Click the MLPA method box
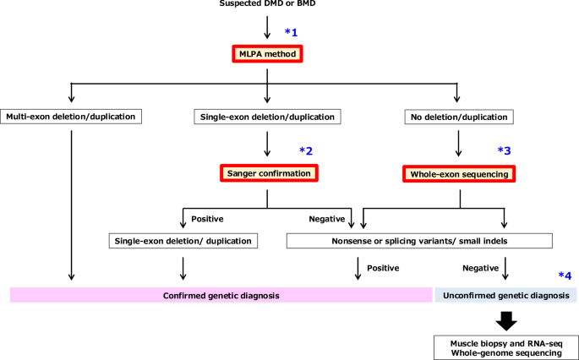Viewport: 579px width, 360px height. click(x=267, y=53)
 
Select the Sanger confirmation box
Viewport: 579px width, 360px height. click(x=267, y=173)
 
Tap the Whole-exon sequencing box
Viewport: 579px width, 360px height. click(x=458, y=173)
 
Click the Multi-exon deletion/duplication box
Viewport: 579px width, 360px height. click(x=72, y=117)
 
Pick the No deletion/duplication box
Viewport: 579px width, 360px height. click(x=457, y=117)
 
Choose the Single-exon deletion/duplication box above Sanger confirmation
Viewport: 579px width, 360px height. click(x=267, y=117)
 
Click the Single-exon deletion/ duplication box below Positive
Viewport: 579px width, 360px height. click(x=183, y=241)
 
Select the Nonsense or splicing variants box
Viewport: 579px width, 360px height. click(x=419, y=241)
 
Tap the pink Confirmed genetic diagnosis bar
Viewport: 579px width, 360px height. click(x=221, y=295)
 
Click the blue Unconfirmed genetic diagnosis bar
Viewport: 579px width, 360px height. click(x=505, y=295)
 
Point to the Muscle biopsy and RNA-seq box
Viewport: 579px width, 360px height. click(x=505, y=345)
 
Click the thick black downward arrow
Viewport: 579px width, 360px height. click(x=505, y=320)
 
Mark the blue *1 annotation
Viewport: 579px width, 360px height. click(x=292, y=32)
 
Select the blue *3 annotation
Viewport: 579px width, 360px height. click(x=504, y=150)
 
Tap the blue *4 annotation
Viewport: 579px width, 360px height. click(x=565, y=275)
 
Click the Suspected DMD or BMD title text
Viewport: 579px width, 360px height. click(x=267, y=4)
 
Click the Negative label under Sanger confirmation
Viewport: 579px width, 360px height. click(x=326, y=218)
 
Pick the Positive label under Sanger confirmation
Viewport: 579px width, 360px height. click(x=208, y=218)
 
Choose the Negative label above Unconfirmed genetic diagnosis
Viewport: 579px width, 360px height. click(x=479, y=268)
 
